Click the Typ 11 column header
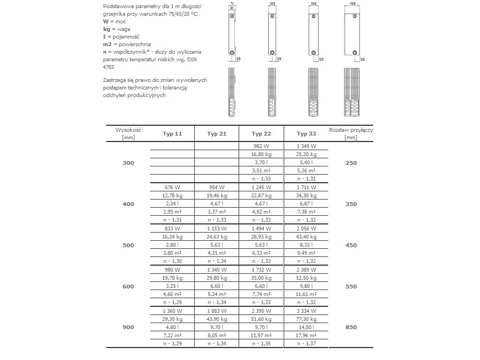click(x=171, y=134)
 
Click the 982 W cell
click(x=261, y=146)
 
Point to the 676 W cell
click(x=171, y=187)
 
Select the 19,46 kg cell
click(x=216, y=196)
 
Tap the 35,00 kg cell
click(x=261, y=278)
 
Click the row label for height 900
click(x=129, y=326)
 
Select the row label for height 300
click(x=129, y=163)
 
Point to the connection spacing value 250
click(x=351, y=163)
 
